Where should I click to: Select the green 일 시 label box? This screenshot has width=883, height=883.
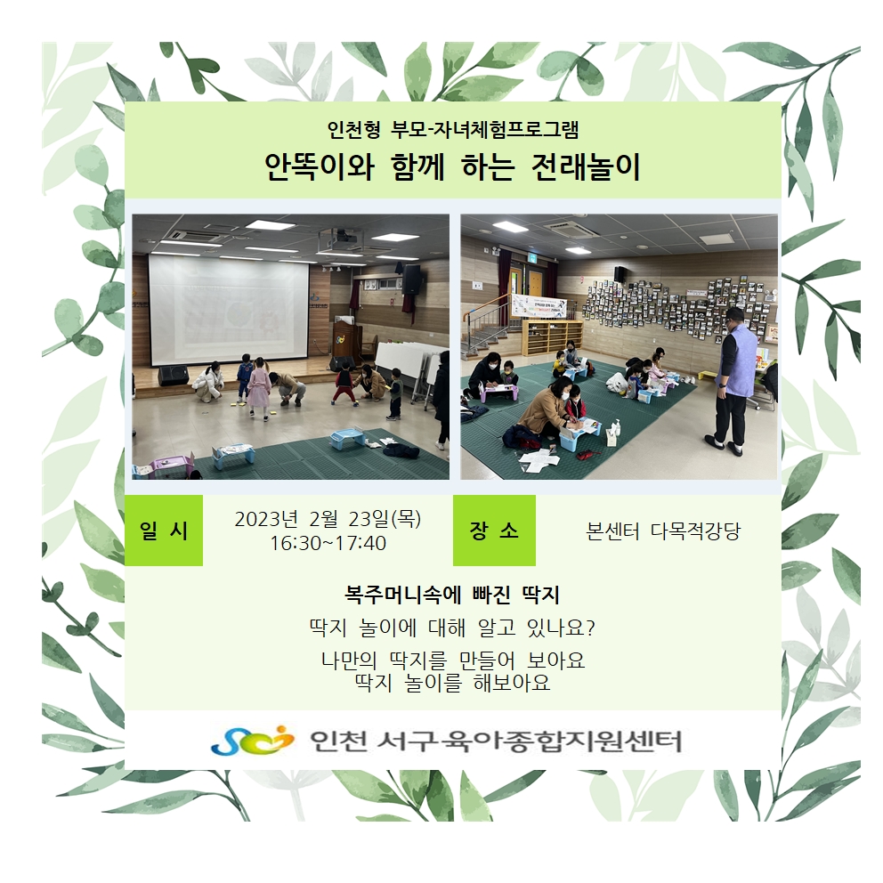pyautogui.click(x=163, y=531)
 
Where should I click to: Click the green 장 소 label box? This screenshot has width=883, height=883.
pyautogui.click(x=494, y=531)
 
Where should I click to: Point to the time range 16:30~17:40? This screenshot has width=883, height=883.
pyautogui.click(x=328, y=544)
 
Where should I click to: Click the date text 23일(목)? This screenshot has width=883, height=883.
pyautogui.click(x=385, y=519)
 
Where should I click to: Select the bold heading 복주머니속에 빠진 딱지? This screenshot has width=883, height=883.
pyautogui.click(x=451, y=595)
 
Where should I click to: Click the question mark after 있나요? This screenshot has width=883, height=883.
pyautogui.click(x=590, y=628)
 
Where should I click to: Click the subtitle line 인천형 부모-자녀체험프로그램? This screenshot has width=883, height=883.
pyautogui.click(x=453, y=130)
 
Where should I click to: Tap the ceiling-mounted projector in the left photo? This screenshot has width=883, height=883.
pyautogui.click(x=338, y=239)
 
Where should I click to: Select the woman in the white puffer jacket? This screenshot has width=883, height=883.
pyautogui.click(x=207, y=383)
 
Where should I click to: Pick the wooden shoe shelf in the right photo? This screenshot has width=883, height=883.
pyautogui.click(x=551, y=337)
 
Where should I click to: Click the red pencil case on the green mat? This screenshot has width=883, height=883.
pyautogui.click(x=587, y=455)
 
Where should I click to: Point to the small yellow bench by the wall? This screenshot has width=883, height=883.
pyautogui.click(x=709, y=375)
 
